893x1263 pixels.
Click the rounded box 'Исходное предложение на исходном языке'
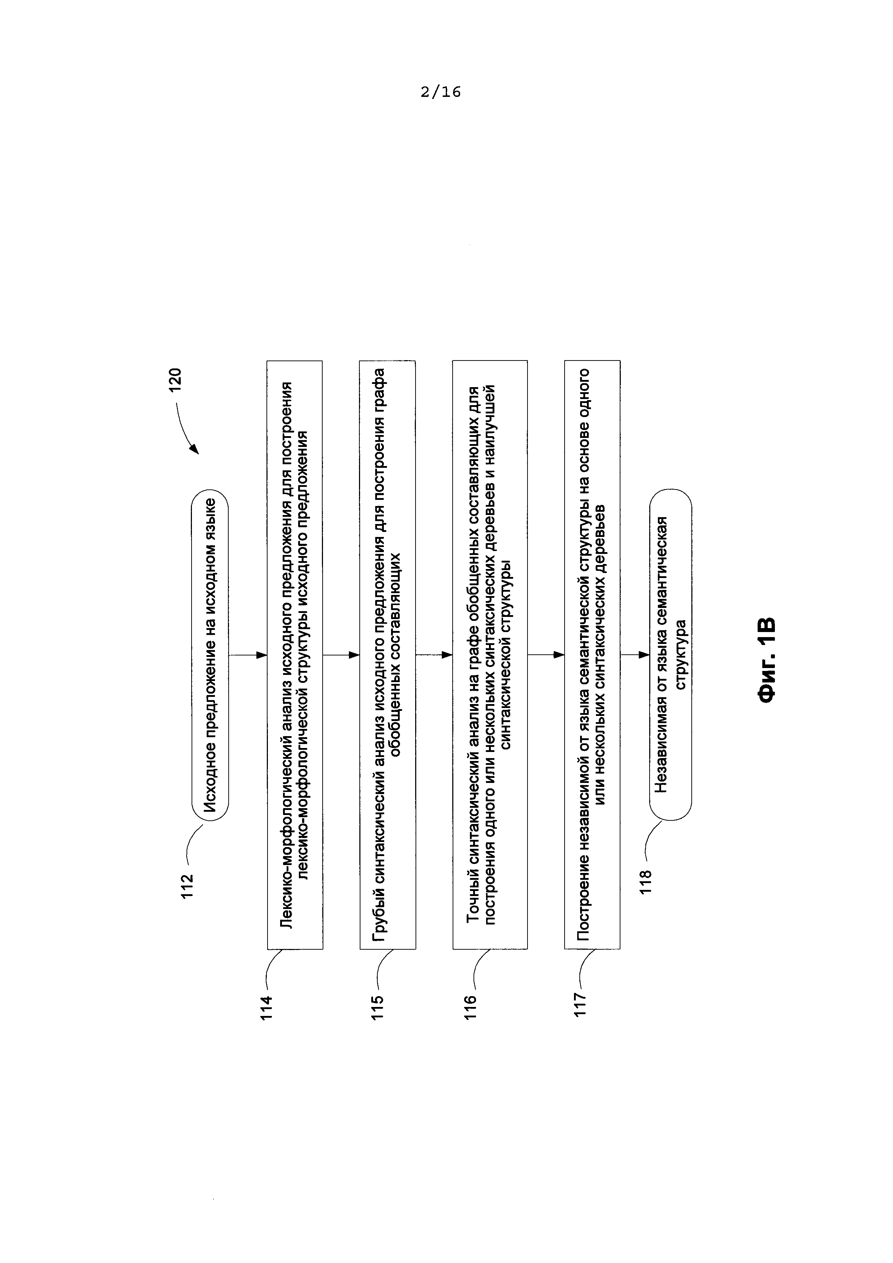coord(210,655)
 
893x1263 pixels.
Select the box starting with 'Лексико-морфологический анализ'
coord(295,655)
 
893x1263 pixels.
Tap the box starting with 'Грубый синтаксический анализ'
coord(388,655)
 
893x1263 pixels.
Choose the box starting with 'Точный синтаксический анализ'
coord(490,655)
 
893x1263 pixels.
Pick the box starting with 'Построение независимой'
coord(592,655)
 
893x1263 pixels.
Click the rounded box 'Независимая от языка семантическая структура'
coord(670,655)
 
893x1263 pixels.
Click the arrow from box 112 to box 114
coord(247,655)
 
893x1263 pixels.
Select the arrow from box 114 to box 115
coord(341,655)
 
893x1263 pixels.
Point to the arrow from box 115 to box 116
coord(434,655)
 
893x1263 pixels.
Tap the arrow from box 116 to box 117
coord(546,655)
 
